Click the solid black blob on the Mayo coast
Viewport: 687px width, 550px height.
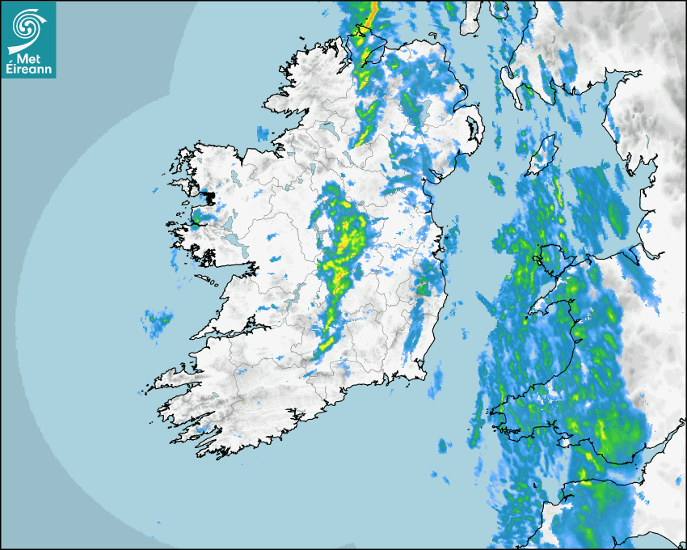(209, 196)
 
